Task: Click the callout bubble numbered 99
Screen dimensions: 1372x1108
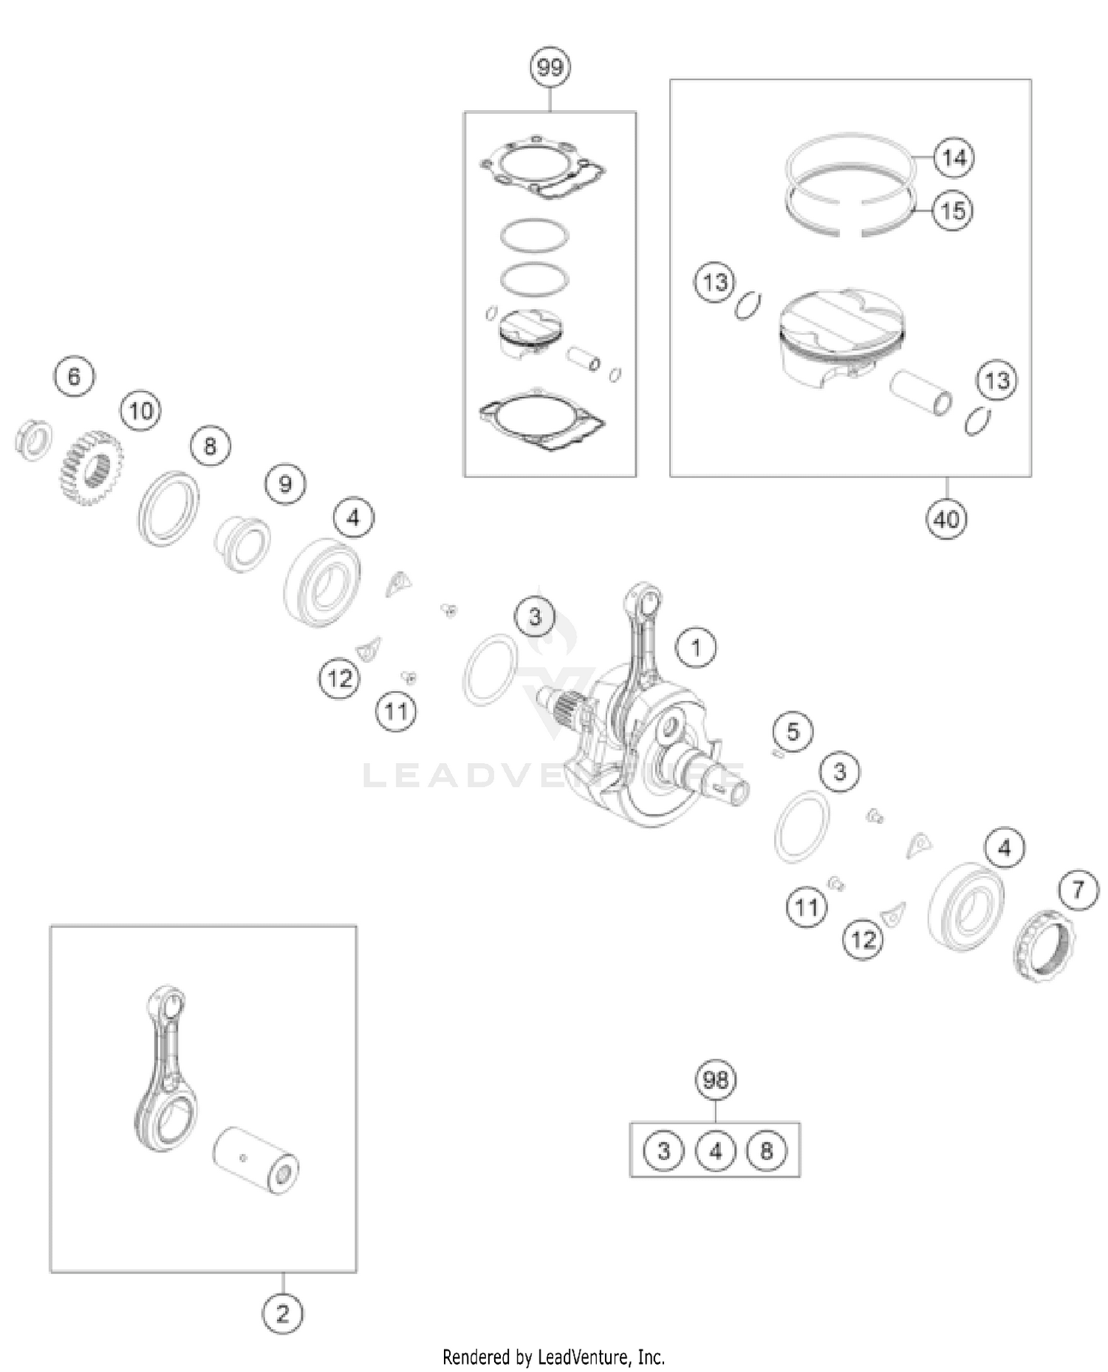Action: pyautogui.click(x=550, y=67)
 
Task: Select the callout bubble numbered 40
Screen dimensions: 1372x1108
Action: pyautogui.click(x=946, y=519)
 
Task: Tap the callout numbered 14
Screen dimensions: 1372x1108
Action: pyautogui.click(x=954, y=157)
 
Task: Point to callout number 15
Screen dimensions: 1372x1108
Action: pyautogui.click(x=952, y=211)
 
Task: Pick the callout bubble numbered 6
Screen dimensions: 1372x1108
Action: pyautogui.click(x=74, y=377)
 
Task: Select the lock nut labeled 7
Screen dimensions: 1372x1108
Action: pyautogui.click(x=1044, y=946)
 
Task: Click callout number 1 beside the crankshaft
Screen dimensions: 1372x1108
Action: pyautogui.click(x=696, y=648)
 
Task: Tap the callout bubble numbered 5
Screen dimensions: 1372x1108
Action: pyautogui.click(x=793, y=731)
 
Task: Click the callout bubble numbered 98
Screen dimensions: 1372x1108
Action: pyautogui.click(x=715, y=1080)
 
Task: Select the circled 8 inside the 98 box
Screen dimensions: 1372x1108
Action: pyautogui.click(x=767, y=1150)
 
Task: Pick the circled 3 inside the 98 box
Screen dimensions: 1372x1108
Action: pyautogui.click(x=663, y=1150)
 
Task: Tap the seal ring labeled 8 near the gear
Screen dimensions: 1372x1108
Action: pyautogui.click(x=168, y=508)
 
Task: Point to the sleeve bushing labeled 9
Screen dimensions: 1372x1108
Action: pyautogui.click(x=242, y=543)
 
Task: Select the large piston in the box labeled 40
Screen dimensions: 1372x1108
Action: pyautogui.click(x=841, y=336)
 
